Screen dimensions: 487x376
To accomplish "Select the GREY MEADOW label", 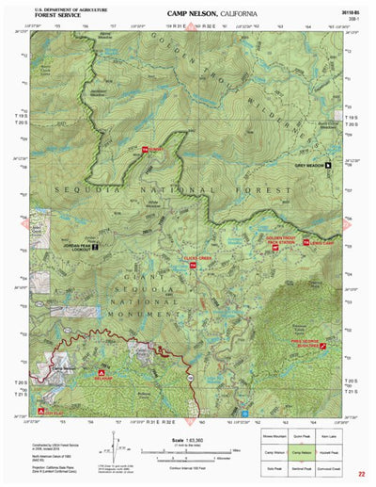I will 308,166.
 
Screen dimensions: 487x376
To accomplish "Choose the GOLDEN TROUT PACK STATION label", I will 282,240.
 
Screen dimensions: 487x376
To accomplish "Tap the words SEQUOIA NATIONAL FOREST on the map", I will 150,188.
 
